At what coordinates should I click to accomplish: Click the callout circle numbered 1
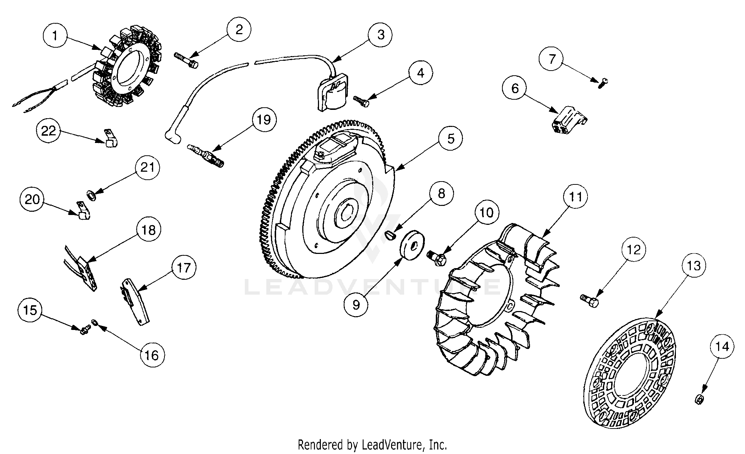point(55,36)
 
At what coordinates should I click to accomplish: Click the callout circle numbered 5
point(451,138)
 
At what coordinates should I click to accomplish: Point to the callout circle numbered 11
point(575,196)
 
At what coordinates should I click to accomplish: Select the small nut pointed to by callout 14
point(699,399)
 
